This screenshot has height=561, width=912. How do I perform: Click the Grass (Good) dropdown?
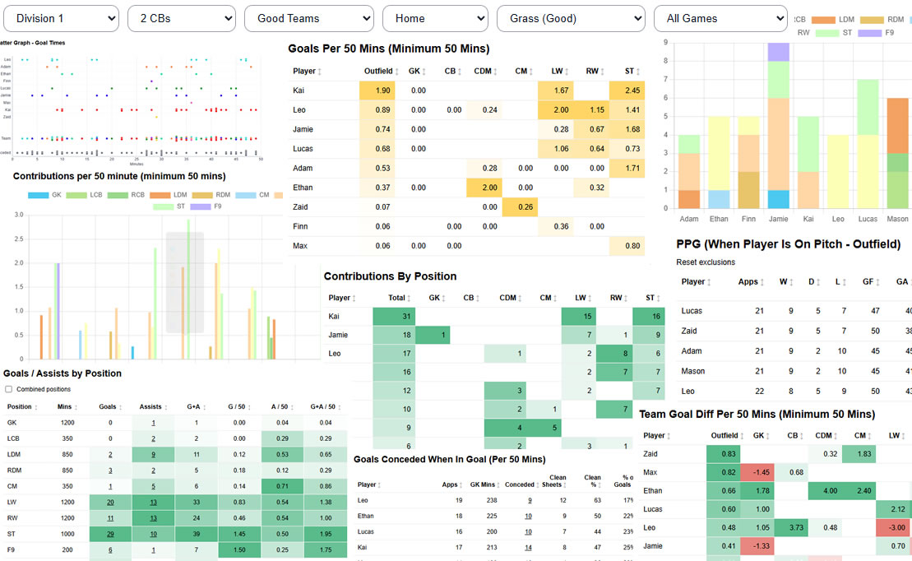571,18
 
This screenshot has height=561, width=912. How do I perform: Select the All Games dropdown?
720,18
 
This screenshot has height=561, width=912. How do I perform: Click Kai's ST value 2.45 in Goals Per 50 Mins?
627,90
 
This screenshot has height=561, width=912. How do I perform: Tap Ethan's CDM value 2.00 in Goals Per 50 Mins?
484,188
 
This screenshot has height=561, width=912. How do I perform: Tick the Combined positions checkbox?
9,389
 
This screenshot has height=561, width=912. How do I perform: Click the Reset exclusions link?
705,262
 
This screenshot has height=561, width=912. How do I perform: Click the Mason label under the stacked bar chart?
897,220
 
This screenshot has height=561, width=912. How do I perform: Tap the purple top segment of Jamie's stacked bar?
778,52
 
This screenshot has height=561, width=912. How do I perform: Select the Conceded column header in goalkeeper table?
521,485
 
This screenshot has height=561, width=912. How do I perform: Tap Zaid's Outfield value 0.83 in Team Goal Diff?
724,454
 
